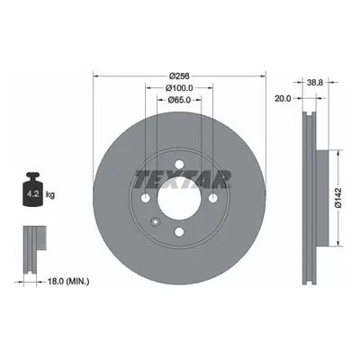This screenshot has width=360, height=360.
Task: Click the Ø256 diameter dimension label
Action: pyautogui.click(x=179, y=76)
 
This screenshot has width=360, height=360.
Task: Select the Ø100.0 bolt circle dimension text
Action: pyautogui.click(x=179, y=88)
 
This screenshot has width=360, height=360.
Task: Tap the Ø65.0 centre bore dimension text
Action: pyautogui.click(x=179, y=100)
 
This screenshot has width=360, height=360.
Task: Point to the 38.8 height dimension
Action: pyautogui.click(x=315, y=82)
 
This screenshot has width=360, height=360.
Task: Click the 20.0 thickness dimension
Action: pyautogui.click(x=283, y=98)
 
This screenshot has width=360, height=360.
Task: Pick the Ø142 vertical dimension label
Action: pyautogui.click(x=338, y=198)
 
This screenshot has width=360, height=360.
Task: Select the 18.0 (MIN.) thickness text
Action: pyautogui.click(x=68, y=282)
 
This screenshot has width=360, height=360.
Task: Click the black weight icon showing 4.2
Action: pyautogui.click(x=32, y=189)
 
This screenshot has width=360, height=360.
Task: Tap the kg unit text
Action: pyautogui.click(x=50, y=194)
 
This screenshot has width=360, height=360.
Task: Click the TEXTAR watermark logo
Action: pyautogui.click(x=183, y=179)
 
